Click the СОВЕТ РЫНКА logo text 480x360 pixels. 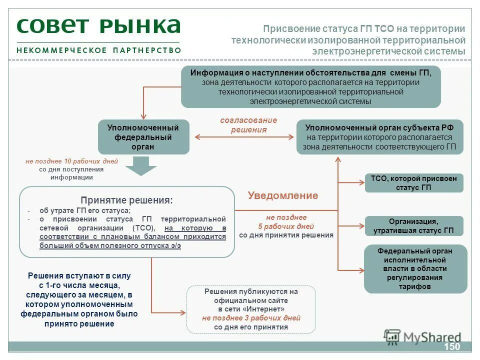click(x=98, y=26)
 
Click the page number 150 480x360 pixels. click(x=451, y=347)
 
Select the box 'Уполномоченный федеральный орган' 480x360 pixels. click(x=143, y=137)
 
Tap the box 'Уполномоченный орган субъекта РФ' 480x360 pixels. click(x=379, y=137)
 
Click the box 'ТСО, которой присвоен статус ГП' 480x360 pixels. click(x=413, y=183)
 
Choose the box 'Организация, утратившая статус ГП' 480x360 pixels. click(x=413, y=226)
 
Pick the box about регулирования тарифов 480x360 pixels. click(x=415, y=268)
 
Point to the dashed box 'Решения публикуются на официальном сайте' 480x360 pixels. click(x=251, y=309)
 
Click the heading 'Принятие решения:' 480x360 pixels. click(x=126, y=200)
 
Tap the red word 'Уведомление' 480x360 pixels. click(x=282, y=195)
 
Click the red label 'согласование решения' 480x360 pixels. click(x=248, y=125)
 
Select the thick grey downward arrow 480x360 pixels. click(x=141, y=165)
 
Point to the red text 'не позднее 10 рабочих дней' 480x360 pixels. click(x=71, y=161)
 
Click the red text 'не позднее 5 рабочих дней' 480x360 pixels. click(x=286, y=222)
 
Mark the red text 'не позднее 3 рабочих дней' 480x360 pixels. click(x=251, y=318)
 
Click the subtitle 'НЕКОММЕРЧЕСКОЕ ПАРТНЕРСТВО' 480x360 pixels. click(x=98, y=50)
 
